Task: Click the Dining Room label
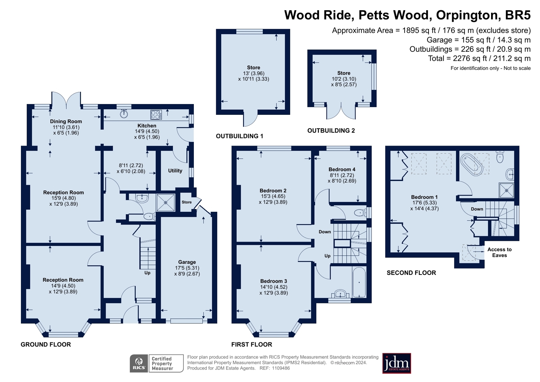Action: pos(66,122)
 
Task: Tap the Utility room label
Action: pos(175,171)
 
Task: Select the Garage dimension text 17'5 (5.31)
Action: pos(187,268)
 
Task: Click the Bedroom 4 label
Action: pos(342,170)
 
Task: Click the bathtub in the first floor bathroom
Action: pos(359,282)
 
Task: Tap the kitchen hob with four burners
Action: pos(156,114)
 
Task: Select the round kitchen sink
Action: pos(124,114)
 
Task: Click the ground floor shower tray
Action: pos(166,203)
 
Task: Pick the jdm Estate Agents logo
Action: pos(396,363)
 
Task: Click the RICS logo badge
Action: pos(139,363)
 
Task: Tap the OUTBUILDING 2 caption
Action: pos(331,131)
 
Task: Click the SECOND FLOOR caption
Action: pos(411,273)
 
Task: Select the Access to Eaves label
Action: pos(499,252)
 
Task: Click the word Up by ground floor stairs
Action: pos(147,273)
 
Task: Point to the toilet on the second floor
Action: pos(500,157)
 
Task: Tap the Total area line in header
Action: pos(479,58)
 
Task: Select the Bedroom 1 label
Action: pos(424,197)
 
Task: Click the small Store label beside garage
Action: pos(186,202)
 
